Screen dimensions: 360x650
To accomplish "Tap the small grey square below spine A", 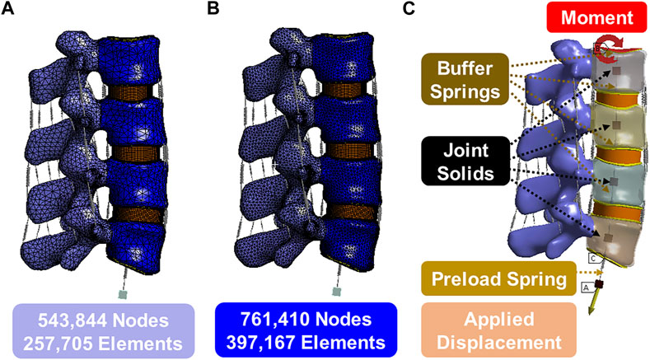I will coord(123,293).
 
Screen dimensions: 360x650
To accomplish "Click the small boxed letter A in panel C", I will coord(586,288).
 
